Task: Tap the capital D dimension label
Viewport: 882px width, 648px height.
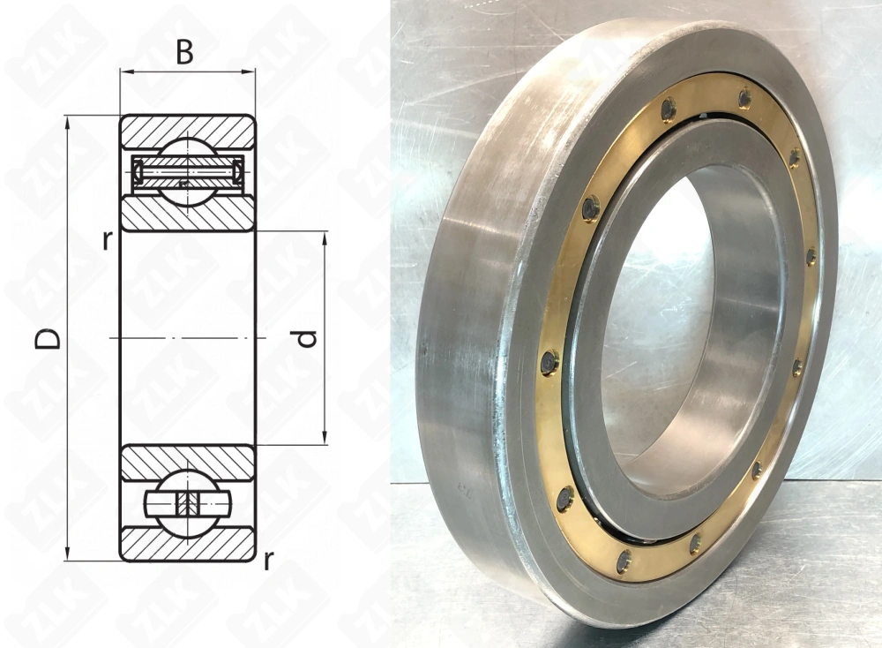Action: coord(48,339)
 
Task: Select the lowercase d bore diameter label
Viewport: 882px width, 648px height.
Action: coord(307,338)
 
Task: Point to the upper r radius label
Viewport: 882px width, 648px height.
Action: coord(107,240)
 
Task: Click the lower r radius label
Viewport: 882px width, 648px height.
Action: coord(269,561)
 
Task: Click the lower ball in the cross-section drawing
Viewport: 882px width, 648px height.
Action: coord(188,501)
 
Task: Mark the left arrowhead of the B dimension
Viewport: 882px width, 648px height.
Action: coord(126,72)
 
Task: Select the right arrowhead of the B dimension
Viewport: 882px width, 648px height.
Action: coord(249,72)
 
